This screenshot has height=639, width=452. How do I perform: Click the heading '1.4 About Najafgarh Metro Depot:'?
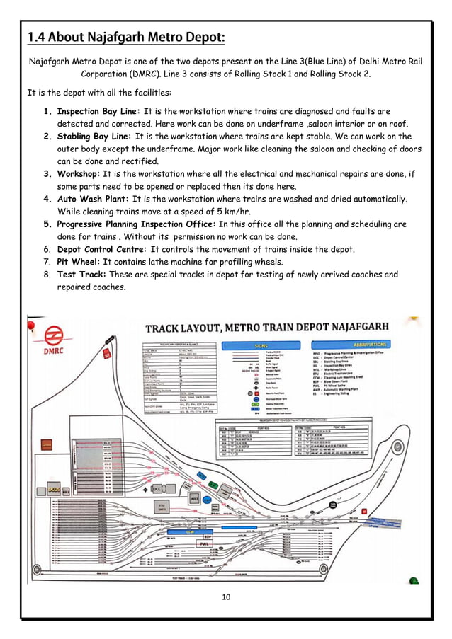pos(125,36)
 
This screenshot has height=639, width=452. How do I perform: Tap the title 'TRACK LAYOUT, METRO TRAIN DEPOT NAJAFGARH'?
pos(266,328)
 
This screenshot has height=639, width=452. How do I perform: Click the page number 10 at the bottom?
pos(226,597)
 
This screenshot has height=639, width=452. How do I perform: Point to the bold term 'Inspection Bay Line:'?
pos(98,112)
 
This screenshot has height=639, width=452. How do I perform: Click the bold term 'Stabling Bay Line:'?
pos(94,137)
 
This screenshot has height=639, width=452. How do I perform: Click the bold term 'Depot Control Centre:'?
pos(102,249)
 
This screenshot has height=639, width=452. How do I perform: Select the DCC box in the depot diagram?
pos(157,488)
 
